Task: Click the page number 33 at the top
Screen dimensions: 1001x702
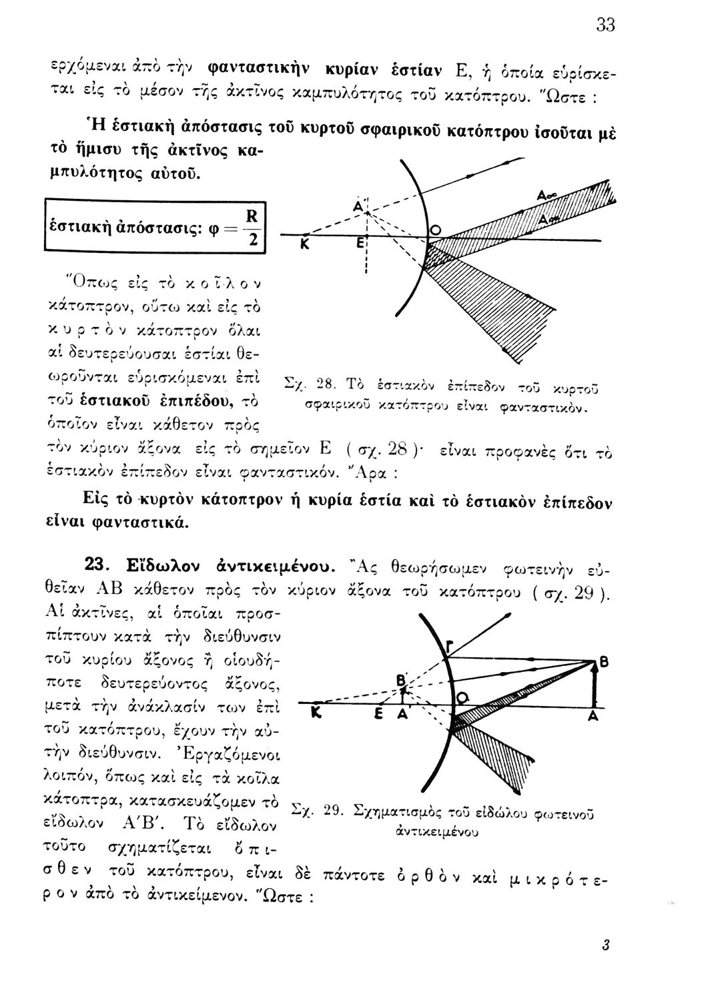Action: pyautogui.click(x=605, y=25)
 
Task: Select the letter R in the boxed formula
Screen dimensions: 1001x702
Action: pyautogui.click(x=251, y=217)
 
